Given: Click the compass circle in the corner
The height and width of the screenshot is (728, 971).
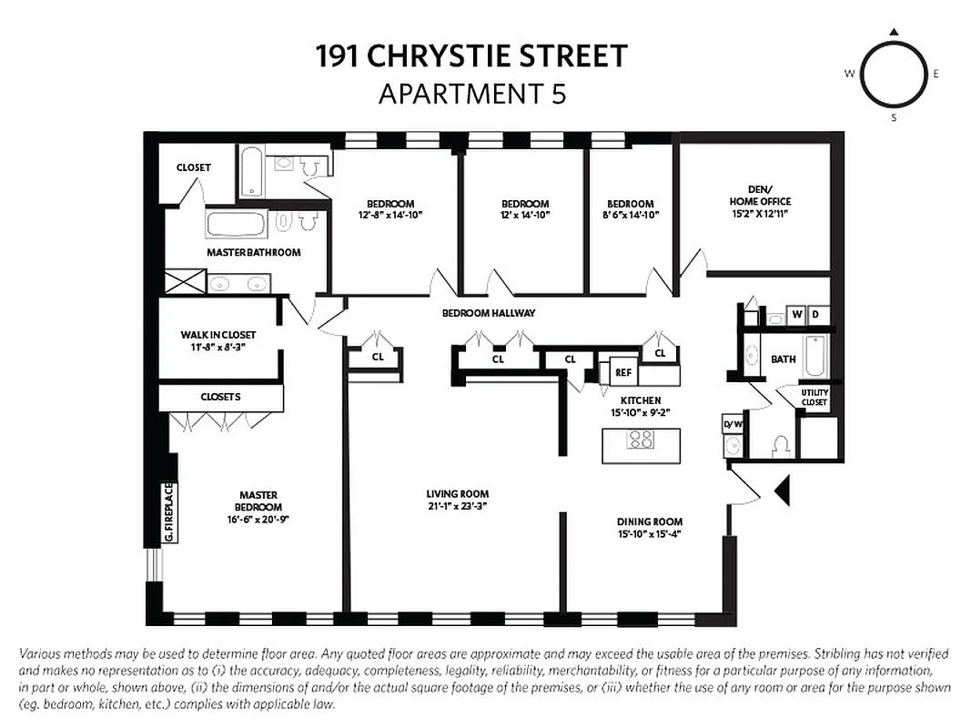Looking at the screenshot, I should (x=895, y=75).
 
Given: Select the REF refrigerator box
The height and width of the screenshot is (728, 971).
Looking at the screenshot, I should (x=622, y=372).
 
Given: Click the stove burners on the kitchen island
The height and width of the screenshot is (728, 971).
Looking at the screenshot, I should (x=641, y=440).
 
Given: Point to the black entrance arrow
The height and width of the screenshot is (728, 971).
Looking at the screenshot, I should (x=780, y=491).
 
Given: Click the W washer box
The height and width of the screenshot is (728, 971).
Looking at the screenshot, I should (x=797, y=316).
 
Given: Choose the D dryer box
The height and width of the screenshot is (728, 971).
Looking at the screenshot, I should (x=816, y=316).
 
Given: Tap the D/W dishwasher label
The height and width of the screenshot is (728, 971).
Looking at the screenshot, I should (x=733, y=424).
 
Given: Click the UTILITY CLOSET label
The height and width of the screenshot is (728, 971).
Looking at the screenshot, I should (x=814, y=398).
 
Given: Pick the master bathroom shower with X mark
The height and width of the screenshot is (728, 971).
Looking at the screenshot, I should (x=186, y=281).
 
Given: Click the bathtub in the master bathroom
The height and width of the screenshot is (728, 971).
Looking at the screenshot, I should (x=236, y=224).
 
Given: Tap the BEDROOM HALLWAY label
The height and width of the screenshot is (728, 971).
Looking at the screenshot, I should (x=489, y=313).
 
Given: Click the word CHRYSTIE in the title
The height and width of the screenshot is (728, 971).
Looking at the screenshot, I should (x=441, y=56).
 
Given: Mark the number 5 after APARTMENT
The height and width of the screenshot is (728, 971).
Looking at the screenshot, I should (x=557, y=94).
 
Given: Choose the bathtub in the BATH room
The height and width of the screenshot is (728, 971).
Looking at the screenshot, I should (x=814, y=359).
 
